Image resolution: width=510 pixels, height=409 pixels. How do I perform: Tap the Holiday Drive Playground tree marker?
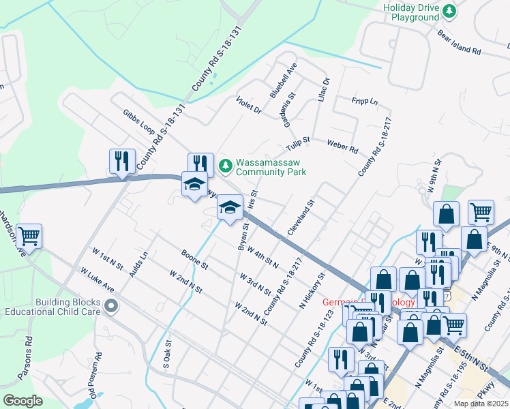click(449, 11)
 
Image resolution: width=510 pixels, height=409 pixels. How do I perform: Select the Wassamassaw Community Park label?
click(271, 168)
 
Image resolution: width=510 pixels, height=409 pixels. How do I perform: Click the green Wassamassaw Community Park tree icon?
click(225, 165)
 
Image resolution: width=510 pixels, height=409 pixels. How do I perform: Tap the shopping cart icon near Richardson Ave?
click(29, 237)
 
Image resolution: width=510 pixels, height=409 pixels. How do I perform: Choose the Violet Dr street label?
click(249, 104)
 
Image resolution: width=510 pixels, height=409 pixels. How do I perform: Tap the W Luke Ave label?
click(97, 279)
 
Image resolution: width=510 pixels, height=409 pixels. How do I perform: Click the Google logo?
click(22, 401)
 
